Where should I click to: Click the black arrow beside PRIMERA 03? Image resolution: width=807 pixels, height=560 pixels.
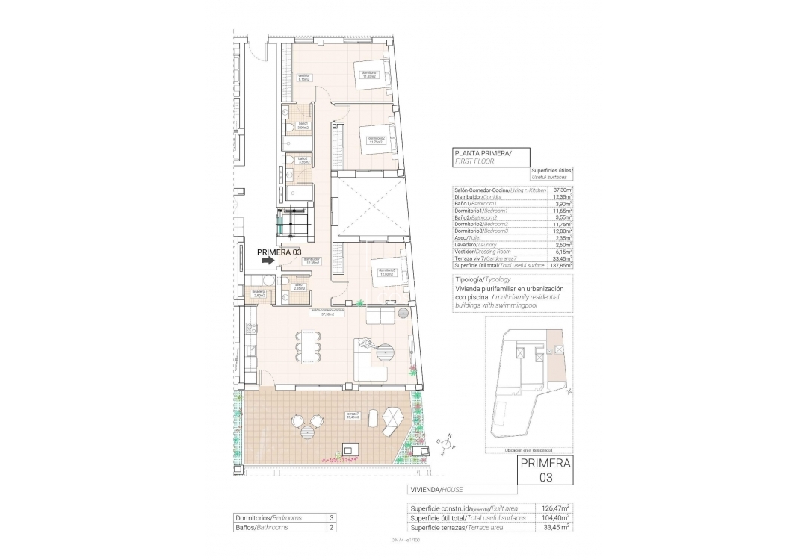click(x=266, y=261)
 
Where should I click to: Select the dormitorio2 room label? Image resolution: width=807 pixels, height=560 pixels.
click(x=375, y=139)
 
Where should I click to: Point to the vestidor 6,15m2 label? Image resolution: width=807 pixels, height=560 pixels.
click(x=304, y=77)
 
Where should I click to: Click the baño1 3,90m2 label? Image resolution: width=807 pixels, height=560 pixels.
click(x=303, y=125)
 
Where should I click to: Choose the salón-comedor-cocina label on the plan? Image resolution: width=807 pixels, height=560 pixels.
click(x=333, y=312)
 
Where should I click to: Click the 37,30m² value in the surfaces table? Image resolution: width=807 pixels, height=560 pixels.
click(x=561, y=190)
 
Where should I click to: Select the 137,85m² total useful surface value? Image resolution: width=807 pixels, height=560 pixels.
click(x=560, y=264)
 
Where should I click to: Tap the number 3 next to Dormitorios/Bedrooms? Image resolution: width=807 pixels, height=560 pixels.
click(x=330, y=517)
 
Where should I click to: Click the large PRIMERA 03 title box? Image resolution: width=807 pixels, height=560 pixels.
click(x=546, y=470)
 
